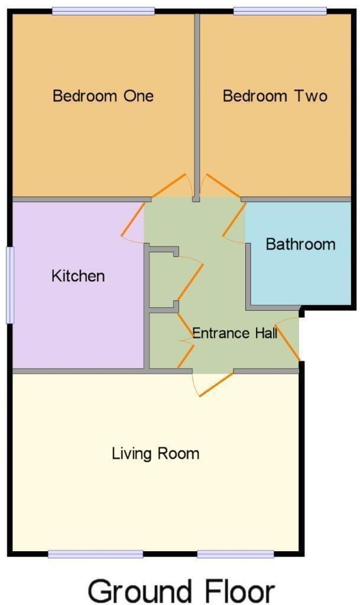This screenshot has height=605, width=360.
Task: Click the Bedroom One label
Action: point(103,96)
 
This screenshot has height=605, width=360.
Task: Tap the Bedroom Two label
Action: point(275,96)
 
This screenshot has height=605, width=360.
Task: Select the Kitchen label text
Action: point(78,276)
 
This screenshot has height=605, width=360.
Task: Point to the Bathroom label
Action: point(300,244)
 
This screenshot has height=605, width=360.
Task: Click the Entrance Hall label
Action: point(235,333)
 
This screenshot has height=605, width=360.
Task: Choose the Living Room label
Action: point(155,453)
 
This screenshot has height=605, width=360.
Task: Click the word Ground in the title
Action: point(140,591)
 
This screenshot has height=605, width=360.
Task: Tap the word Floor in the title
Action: point(240,591)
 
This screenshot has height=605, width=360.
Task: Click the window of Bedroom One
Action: point(103,11)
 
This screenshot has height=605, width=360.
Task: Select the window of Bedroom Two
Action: point(280,11)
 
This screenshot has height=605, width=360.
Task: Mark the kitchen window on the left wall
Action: point(10,285)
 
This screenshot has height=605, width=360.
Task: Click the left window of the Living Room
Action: point(96,554)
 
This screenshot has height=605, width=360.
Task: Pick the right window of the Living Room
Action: point(236,554)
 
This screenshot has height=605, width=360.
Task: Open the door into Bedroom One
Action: point(168,186)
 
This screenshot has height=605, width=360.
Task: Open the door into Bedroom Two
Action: point(223,186)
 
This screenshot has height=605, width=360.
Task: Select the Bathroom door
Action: point(234,219)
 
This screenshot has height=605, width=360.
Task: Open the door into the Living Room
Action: point(216,384)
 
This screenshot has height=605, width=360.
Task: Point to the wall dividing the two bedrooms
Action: point(197,106)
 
